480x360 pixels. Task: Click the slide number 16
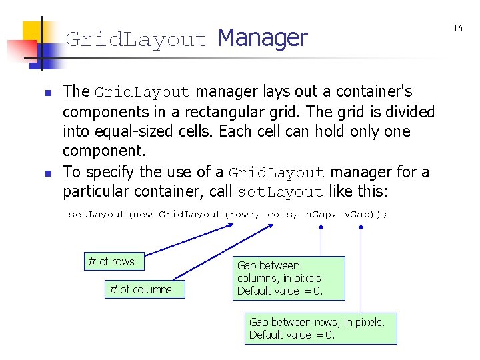[458, 28]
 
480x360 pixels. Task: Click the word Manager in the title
[262, 38]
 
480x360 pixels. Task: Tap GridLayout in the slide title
[136, 40]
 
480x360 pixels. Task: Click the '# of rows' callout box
[111, 261]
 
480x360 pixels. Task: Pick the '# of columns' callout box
[141, 289]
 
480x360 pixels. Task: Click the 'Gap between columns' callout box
[289, 278]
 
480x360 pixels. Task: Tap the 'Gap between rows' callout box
[321, 328]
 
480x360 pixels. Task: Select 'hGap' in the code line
[320, 214]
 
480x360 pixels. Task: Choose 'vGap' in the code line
[359, 214]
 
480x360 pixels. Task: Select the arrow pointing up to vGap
[361, 267]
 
